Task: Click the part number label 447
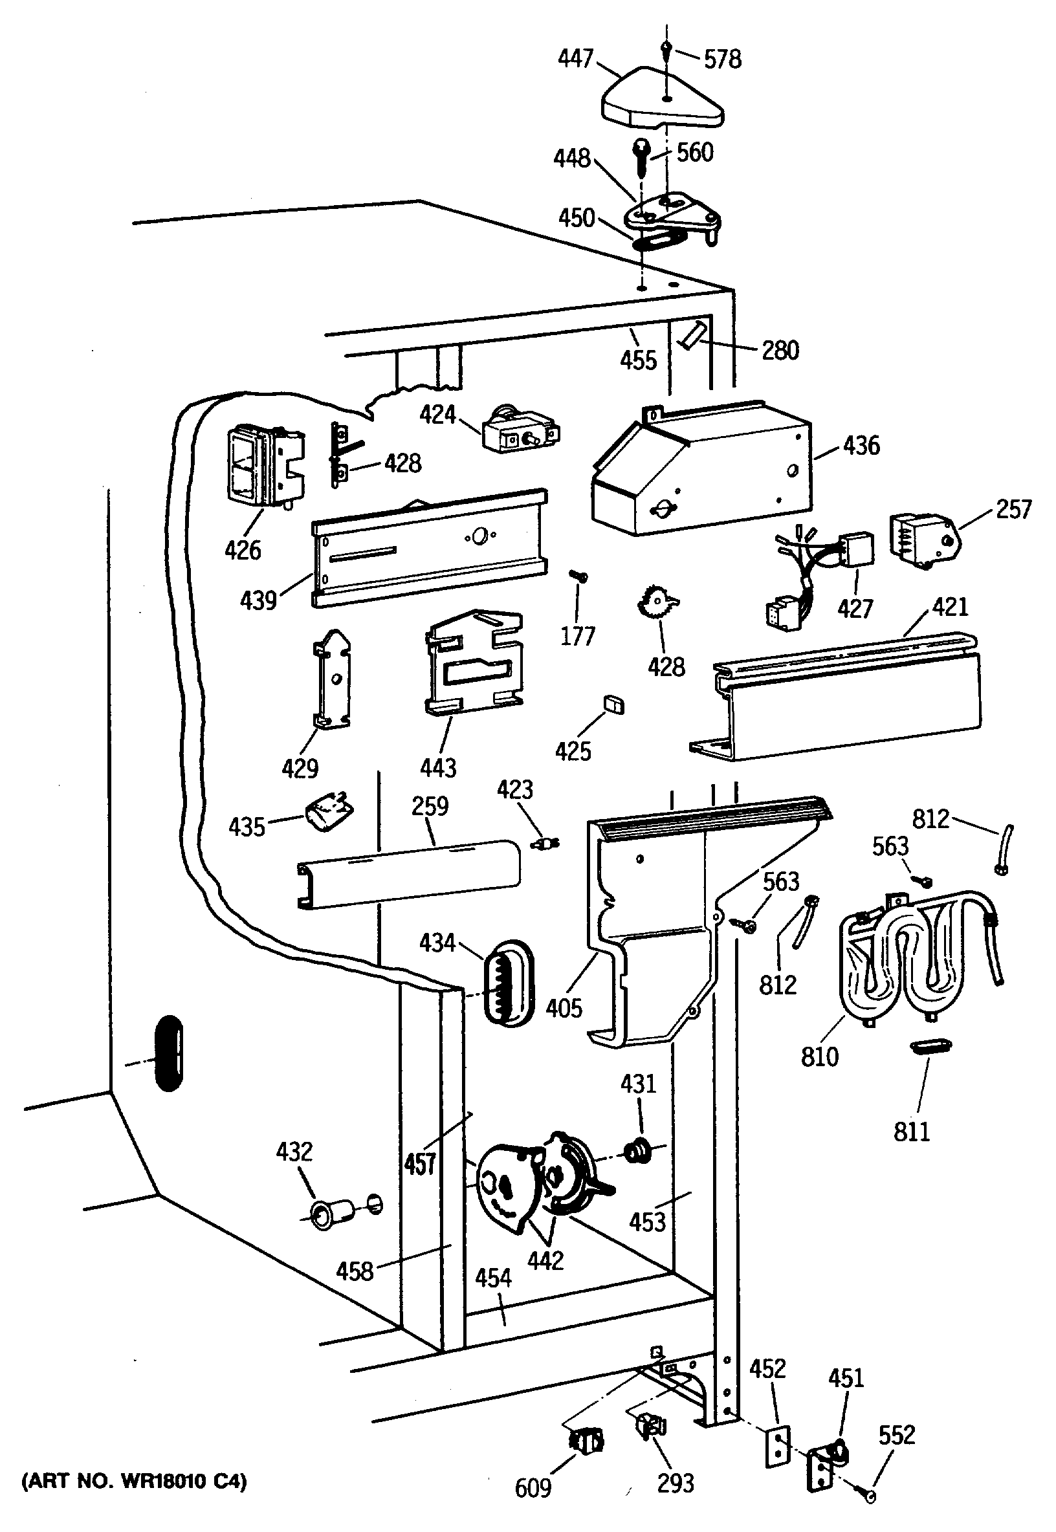[575, 59]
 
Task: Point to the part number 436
[861, 445]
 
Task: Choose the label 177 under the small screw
[578, 637]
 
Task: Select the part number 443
[438, 768]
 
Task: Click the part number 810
[820, 1056]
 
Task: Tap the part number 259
[430, 805]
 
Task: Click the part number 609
[533, 1489]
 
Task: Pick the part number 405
[564, 1008]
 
